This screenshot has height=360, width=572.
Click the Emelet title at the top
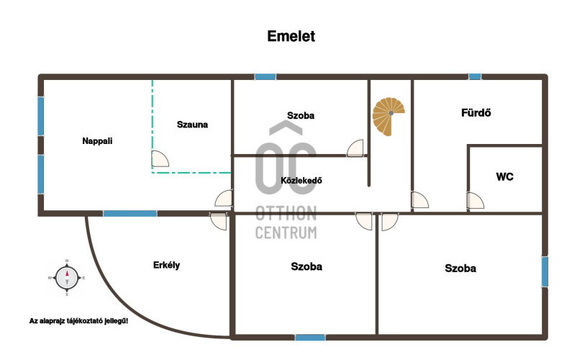point(291,36)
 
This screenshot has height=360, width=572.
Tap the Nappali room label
point(97,141)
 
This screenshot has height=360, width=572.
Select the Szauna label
point(192,124)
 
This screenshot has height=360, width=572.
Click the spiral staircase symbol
point(389,117)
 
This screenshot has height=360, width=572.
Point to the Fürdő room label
point(476,113)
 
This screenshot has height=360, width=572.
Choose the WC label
point(504,176)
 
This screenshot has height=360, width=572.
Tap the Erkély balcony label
point(166,265)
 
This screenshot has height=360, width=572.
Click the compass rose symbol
point(67,277)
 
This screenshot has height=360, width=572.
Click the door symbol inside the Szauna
point(160,159)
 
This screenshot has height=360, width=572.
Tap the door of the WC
point(475,201)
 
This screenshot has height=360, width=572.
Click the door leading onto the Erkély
point(218,220)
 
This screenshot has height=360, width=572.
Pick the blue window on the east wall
point(545,271)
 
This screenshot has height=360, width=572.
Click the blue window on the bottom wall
point(310,337)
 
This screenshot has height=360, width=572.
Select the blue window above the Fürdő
point(475,76)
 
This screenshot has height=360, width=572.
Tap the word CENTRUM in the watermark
point(286,232)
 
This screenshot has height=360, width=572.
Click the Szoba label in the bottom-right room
point(460,269)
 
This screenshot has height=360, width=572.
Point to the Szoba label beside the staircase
point(301,115)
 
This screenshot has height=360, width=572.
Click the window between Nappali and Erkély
point(130,213)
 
